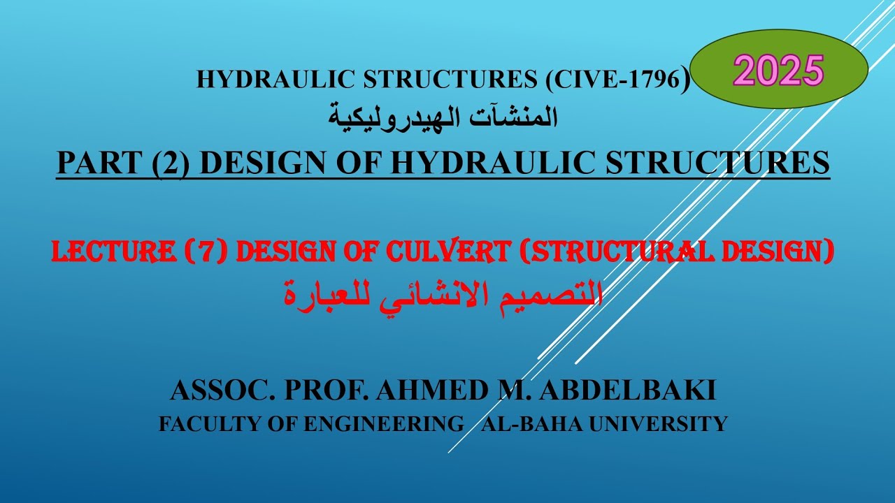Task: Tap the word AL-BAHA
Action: coord(522,424)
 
